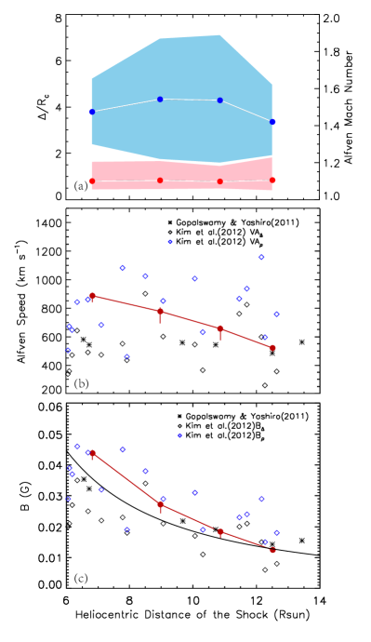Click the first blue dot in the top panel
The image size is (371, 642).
point(91,112)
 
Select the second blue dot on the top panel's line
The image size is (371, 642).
point(160,99)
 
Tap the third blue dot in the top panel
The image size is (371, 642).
point(219,100)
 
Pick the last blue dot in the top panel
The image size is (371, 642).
point(272,122)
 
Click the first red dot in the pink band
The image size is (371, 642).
point(91,181)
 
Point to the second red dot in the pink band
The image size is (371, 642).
point(160,180)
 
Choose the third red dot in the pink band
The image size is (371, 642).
point(219,181)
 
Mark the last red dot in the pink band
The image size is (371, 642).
point(272,180)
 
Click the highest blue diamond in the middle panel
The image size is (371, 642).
point(170,242)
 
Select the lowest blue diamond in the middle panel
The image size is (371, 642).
point(126,356)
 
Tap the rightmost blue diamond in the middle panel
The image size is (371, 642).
point(276,314)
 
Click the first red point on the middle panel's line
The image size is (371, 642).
point(92,295)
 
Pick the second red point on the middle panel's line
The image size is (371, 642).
point(160,312)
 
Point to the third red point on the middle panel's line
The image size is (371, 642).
point(220,328)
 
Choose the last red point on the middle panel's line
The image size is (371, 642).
point(272,347)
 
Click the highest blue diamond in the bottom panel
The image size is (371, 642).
point(179,435)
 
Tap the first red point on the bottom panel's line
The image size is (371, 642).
point(92,453)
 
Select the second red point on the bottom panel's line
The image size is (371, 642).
point(161,504)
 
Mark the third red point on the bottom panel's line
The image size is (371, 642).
point(220,531)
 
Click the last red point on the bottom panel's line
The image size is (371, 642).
point(272,550)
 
